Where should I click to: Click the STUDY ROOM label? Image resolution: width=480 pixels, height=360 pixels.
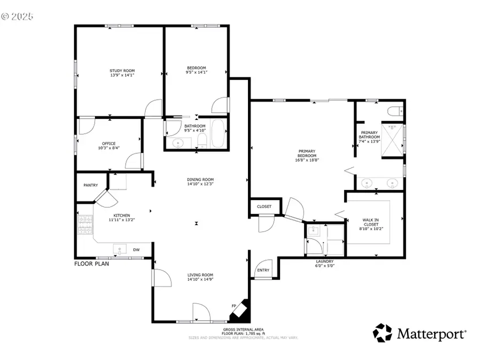(x=122, y=71)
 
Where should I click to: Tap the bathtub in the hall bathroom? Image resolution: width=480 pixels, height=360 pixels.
(x=219, y=134)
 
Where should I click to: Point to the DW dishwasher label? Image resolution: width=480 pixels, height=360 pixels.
(x=137, y=250)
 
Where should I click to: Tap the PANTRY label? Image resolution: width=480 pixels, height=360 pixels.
(x=91, y=185)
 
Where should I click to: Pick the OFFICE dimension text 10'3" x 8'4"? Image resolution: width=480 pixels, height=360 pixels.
(x=109, y=148)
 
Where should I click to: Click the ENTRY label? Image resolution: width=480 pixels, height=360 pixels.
(x=263, y=270)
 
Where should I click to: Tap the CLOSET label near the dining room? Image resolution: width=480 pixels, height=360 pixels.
(x=264, y=206)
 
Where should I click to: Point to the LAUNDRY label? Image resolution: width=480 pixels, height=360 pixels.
(x=324, y=261)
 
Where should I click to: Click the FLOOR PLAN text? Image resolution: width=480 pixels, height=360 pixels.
(x=91, y=263)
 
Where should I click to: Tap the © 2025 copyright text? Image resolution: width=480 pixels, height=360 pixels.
(x=18, y=17)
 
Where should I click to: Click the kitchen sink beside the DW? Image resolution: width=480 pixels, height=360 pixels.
(x=118, y=249)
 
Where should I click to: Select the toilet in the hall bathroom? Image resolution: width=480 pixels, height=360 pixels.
(x=202, y=140)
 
